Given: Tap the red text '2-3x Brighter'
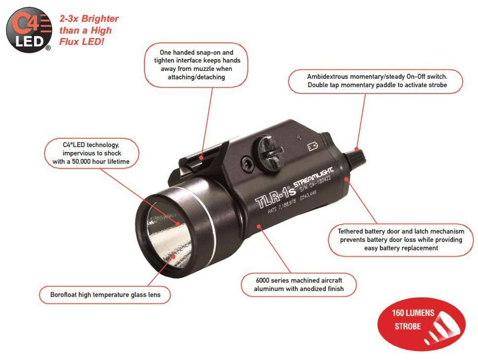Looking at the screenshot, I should (89, 19).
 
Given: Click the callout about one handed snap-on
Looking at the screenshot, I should (196, 65).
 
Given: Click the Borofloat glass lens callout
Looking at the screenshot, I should (105, 295).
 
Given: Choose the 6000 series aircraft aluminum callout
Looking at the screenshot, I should (298, 285).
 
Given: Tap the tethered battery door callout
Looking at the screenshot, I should (401, 239).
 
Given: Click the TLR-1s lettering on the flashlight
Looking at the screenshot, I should (275, 196).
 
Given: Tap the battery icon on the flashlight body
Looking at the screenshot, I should (313, 146).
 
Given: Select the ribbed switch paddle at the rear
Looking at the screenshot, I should (357, 155).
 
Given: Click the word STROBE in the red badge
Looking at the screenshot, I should (407, 326).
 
